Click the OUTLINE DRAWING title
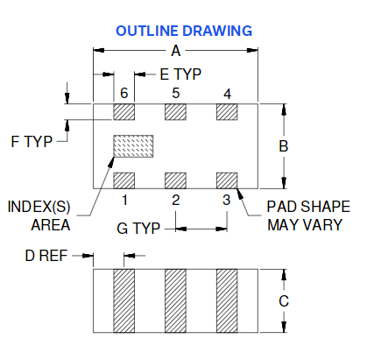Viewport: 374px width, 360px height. (x=184, y=31)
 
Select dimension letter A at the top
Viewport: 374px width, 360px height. (x=176, y=51)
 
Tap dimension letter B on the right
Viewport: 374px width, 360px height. (x=284, y=146)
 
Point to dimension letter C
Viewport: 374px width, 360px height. (x=284, y=301)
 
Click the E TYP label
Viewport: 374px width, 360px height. (x=180, y=74)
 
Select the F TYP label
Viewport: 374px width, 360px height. (x=32, y=142)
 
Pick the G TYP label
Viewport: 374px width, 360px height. (x=138, y=229)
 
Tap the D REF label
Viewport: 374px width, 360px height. (x=46, y=256)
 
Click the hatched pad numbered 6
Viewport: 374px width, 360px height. (x=124, y=112)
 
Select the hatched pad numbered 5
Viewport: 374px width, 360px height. (x=175, y=112)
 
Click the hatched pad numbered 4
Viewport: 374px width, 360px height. (x=227, y=112)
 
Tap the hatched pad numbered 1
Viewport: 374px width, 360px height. (x=124, y=180)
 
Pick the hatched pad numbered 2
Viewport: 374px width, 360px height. (x=175, y=180)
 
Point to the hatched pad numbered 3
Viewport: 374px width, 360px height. (x=227, y=180)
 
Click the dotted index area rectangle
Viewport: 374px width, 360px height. (x=133, y=146)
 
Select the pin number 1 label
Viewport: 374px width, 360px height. (x=125, y=201)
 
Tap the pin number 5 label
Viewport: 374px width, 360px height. (x=175, y=93)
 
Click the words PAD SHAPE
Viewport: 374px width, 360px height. (x=308, y=207)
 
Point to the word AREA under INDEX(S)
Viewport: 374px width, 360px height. (x=51, y=225)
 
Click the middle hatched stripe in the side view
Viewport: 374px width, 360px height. (x=175, y=300)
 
